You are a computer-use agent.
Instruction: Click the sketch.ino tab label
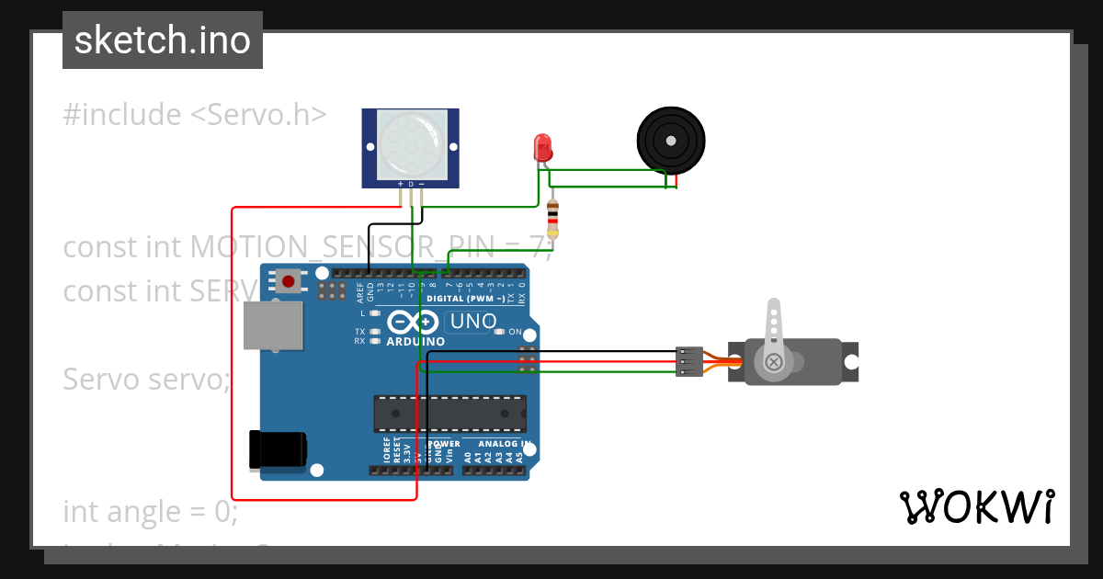pos(163,40)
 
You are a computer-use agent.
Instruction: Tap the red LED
pos(542,146)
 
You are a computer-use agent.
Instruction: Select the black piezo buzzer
pos(672,141)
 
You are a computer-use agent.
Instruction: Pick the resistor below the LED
pos(551,219)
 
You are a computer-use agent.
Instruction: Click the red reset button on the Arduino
pos(290,280)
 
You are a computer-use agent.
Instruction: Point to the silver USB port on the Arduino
pos(272,325)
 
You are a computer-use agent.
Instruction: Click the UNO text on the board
pos(472,322)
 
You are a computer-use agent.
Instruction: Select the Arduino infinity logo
pos(414,323)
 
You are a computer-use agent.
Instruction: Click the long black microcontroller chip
pos(449,414)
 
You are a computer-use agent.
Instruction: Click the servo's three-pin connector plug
pos(688,361)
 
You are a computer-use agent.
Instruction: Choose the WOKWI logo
pos(976,506)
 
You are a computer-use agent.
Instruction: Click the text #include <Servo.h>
pos(195,115)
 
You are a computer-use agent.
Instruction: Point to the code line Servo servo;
pos(146,379)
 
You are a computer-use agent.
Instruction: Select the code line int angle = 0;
pos(151,511)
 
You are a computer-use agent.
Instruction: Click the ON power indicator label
pos(515,331)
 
